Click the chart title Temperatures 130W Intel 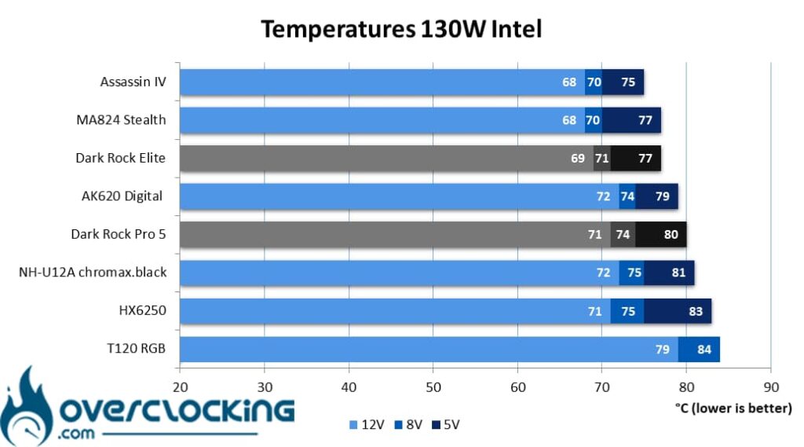point(401,29)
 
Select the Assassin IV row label point(133,82)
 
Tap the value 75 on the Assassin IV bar point(628,82)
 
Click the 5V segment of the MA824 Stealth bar point(631,120)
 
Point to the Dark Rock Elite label point(120,158)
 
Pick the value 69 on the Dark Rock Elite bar point(578,158)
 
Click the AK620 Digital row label point(122,196)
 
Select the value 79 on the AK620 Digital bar point(663,196)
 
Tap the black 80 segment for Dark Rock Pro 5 point(661,235)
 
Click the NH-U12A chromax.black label point(93,272)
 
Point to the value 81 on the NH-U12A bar point(679,273)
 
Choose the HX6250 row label point(143,310)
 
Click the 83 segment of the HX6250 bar point(678,311)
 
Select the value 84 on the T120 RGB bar point(704,350)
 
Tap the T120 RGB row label point(136,349)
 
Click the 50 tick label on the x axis point(433,387)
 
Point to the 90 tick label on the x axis point(771,387)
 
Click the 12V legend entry point(367,425)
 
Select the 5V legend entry point(446,425)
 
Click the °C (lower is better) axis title point(734,409)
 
